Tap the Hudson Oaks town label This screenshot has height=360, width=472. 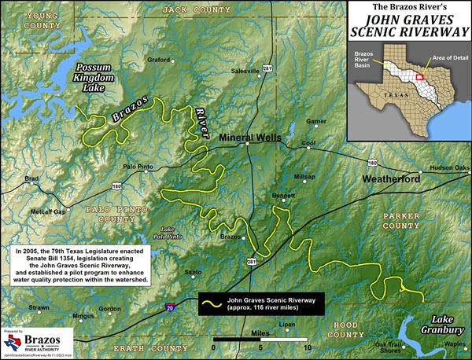(449, 167)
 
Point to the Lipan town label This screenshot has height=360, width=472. (287, 324)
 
